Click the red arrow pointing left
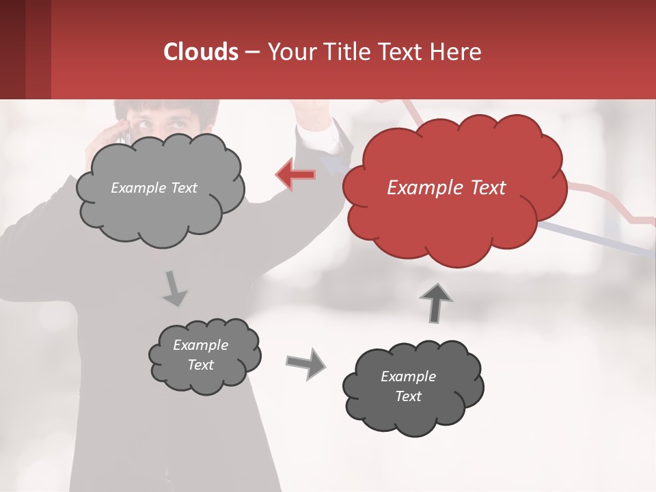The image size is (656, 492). click(x=295, y=175)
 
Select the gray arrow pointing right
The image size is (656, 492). click(x=306, y=364)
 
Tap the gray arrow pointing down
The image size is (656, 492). click(x=175, y=288)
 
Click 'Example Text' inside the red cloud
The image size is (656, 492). click(x=446, y=188)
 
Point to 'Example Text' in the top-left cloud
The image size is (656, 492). click(x=154, y=188)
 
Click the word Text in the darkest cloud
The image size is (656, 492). click(x=408, y=396)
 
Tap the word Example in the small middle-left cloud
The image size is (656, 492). click(x=200, y=345)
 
